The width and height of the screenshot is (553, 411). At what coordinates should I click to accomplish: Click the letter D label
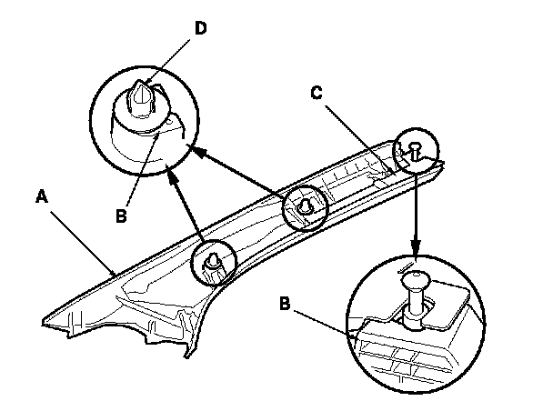click(x=200, y=28)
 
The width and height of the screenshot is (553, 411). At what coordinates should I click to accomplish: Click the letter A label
click(x=42, y=196)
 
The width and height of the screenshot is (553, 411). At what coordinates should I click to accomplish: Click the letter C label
click(x=317, y=93)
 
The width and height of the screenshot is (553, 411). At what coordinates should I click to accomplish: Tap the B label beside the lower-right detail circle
click(x=285, y=304)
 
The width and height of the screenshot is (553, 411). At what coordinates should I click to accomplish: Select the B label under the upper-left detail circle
click(x=121, y=216)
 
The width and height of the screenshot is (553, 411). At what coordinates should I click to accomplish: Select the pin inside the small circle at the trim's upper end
click(x=415, y=150)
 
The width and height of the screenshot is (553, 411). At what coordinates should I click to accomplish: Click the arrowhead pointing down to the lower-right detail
click(x=417, y=247)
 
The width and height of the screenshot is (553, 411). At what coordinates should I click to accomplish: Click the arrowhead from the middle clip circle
click(x=199, y=152)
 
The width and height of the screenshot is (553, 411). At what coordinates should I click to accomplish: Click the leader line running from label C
click(x=357, y=138)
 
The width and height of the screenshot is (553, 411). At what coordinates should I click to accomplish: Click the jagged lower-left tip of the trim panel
click(x=44, y=321)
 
